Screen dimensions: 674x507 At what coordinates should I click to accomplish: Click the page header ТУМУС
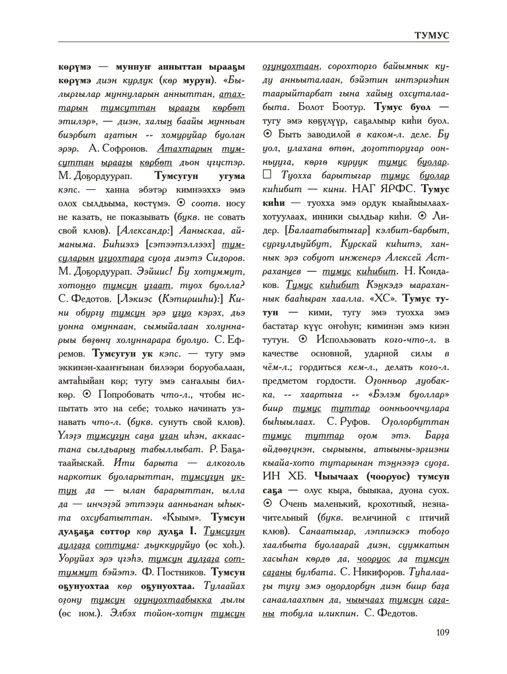point(431,35)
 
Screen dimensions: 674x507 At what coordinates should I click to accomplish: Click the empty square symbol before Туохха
point(268,175)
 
